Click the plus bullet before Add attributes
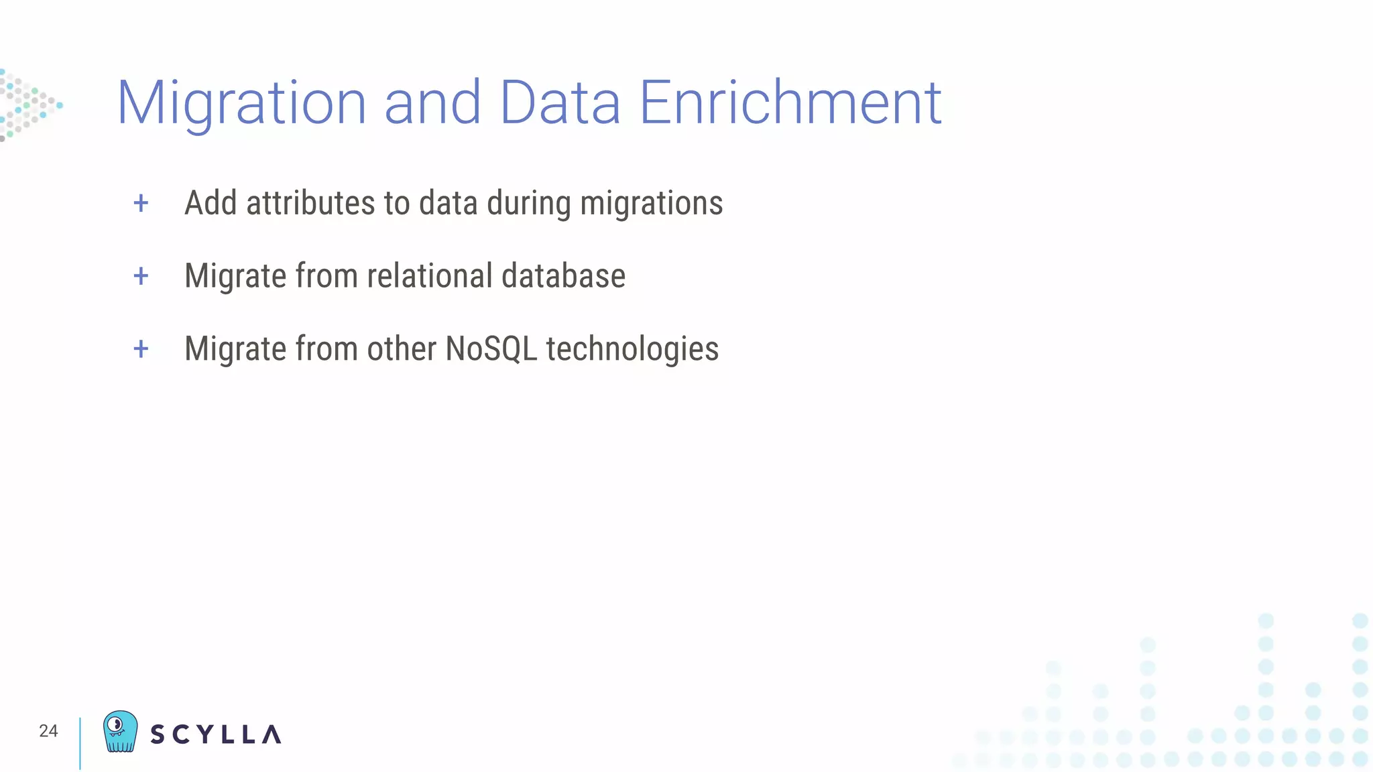[141, 203]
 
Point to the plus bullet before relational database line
[141, 276]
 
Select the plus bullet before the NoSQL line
[141, 348]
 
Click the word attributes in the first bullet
[310, 203]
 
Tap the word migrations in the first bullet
[651, 203]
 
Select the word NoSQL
[491, 348]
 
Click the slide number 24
[48, 731]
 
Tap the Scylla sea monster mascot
[121, 732]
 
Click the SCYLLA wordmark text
[215, 734]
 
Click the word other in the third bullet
[402, 348]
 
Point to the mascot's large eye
[115, 724]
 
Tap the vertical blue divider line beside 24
[80, 743]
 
